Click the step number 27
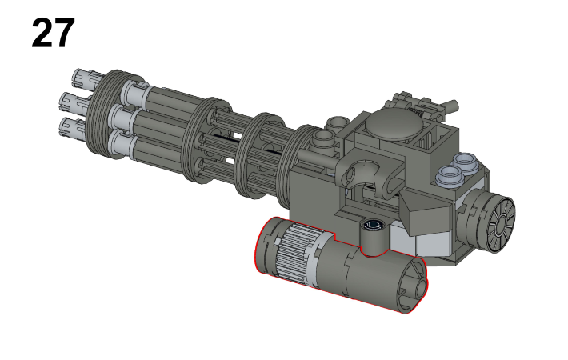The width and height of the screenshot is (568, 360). (53, 34)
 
